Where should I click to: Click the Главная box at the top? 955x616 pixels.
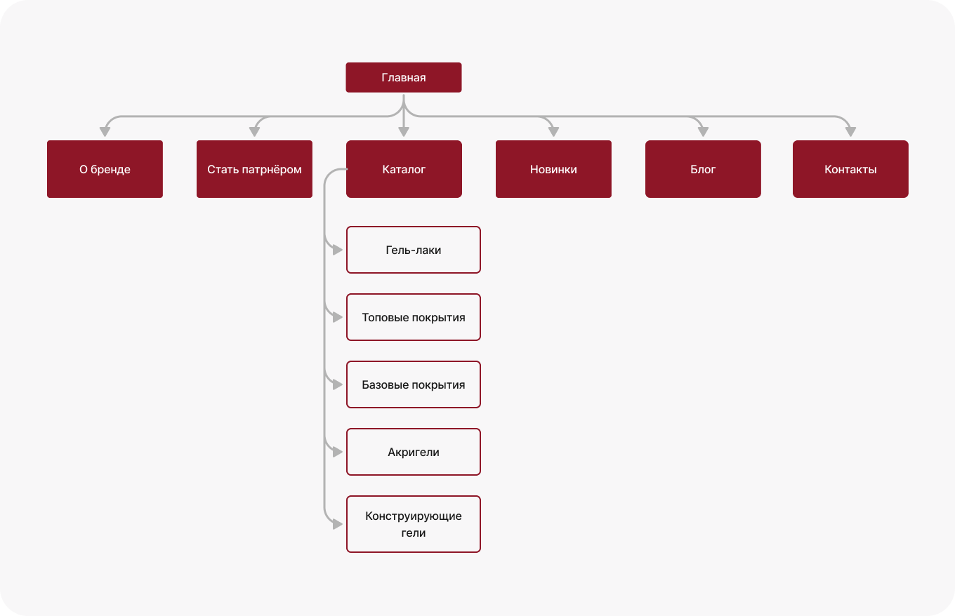click(403, 78)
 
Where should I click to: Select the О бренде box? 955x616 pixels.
click(105, 169)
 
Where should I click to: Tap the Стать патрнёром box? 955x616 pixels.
click(254, 169)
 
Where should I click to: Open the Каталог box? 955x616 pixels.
click(404, 169)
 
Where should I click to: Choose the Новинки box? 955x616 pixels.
click(553, 169)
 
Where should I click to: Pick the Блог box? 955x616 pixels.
click(703, 169)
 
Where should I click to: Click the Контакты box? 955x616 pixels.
click(850, 169)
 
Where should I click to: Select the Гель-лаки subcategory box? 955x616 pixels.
click(414, 250)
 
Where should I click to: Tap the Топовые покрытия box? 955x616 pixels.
click(414, 317)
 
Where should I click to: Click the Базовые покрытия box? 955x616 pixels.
click(414, 384)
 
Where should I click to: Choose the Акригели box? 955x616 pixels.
click(414, 452)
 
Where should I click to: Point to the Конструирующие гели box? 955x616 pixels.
click(414, 524)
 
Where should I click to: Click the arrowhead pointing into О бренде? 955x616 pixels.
click(105, 132)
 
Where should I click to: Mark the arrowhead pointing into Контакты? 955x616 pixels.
click(850, 132)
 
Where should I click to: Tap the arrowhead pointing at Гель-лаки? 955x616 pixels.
click(338, 250)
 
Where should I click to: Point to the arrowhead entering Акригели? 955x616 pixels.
click(338, 452)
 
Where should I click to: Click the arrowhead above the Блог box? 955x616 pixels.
click(703, 132)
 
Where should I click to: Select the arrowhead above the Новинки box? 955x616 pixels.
click(553, 132)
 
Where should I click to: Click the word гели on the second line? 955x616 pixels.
click(414, 533)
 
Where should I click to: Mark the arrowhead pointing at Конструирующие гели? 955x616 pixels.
click(338, 524)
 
